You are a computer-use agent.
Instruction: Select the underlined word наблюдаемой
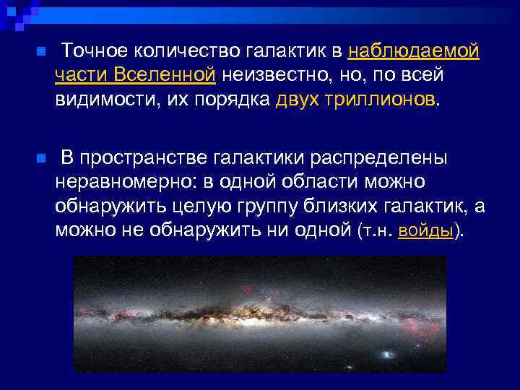[414, 51]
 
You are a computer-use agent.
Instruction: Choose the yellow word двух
[298, 98]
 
